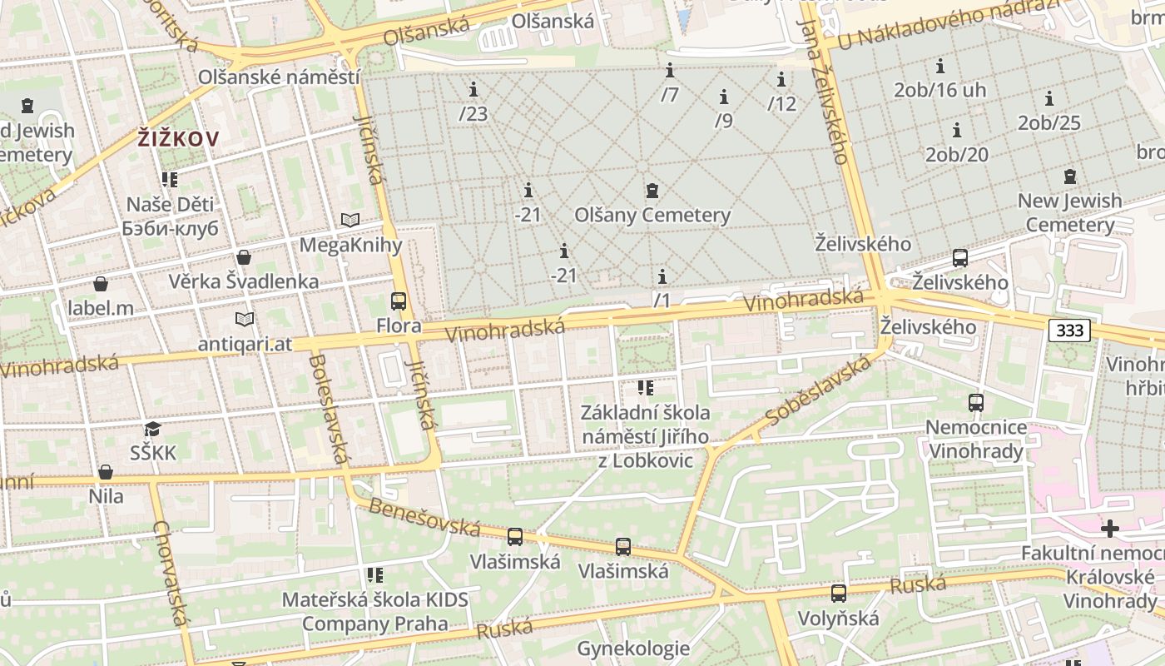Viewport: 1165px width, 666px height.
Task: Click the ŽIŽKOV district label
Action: [178, 138]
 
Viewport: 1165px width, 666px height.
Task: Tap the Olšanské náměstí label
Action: [279, 77]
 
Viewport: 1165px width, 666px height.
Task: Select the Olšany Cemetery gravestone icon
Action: [652, 191]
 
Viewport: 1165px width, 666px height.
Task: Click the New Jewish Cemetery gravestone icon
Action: [1070, 176]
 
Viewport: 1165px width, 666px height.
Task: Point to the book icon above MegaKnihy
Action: [350, 221]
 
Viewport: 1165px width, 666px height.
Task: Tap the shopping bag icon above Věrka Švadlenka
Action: [244, 257]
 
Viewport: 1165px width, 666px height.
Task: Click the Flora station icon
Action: [399, 301]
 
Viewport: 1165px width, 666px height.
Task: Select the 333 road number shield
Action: [1069, 331]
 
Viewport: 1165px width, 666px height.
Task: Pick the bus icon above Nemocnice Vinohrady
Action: [976, 403]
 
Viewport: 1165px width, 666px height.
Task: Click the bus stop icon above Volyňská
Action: [839, 594]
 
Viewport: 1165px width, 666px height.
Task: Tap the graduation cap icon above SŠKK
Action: [152, 430]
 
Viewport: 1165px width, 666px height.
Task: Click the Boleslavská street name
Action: [328, 409]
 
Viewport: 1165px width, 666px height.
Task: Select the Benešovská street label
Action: [424, 517]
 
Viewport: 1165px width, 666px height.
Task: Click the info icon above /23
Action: [473, 89]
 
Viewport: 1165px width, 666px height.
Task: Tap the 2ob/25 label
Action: [1048, 122]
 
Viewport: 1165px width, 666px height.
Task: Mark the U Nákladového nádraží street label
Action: [949, 22]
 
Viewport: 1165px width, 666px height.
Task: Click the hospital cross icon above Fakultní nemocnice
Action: [1109, 529]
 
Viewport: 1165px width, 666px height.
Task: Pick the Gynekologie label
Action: [633, 649]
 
